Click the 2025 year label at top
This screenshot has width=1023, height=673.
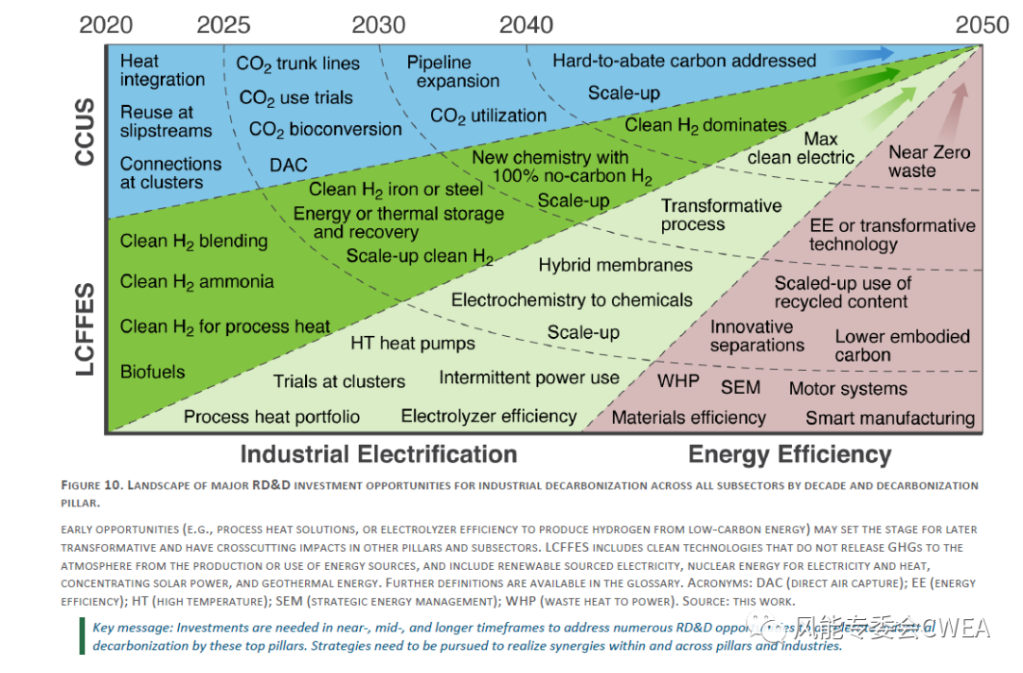(224, 25)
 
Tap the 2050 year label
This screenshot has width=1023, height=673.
(982, 25)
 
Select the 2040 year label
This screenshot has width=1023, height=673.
(526, 25)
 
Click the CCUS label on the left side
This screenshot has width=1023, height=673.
(86, 132)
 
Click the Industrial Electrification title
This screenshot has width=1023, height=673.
(378, 454)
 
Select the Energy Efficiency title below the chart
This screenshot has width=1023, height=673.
(790, 454)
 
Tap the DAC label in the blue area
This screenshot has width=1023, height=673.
(288, 165)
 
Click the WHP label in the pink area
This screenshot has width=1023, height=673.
(678, 381)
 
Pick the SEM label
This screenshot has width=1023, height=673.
(740, 387)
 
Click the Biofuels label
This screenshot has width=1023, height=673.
(153, 372)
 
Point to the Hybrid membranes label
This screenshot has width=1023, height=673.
(616, 266)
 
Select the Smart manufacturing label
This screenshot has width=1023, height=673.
(889, 417)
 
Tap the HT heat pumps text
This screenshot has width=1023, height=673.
(413, 343)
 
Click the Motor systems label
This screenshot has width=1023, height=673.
(848, 389)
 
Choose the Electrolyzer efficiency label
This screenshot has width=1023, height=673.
(489, 416)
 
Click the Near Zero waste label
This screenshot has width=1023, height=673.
(928, 162)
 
